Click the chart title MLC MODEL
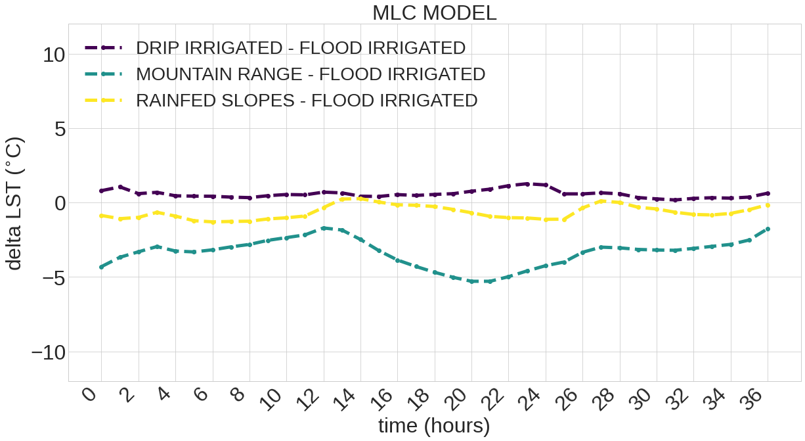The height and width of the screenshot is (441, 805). pyautogui.click(x=434, y=12)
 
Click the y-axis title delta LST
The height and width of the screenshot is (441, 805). pyautogui.click(x=14, y=204)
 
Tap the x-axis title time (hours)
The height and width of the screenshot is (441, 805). pyautogui.click(x=434, y=426)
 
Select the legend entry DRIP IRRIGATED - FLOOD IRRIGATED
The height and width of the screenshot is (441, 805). pyautogui.click(x=300, y=48)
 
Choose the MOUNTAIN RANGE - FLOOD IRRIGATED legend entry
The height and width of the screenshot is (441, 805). pyautogui.click(x=310, y=74)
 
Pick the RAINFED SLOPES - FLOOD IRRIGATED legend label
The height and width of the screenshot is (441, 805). pyautogui.click(x=306, y=101)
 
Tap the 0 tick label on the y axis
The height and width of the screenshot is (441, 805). pyautogui.click(x=60, y=203)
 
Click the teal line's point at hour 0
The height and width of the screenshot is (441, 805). pyautogui.click(x=101, y=267)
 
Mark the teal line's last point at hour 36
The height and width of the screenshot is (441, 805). pyautogui.click(x=768, y=229)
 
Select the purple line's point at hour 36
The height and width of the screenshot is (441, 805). pyautogui.click(x=768, y=193)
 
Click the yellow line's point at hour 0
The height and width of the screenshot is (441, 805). pyautogui.click(x=101, y=216)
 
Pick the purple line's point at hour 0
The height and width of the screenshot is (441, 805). pyautogui.click(x=101, y=191)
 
